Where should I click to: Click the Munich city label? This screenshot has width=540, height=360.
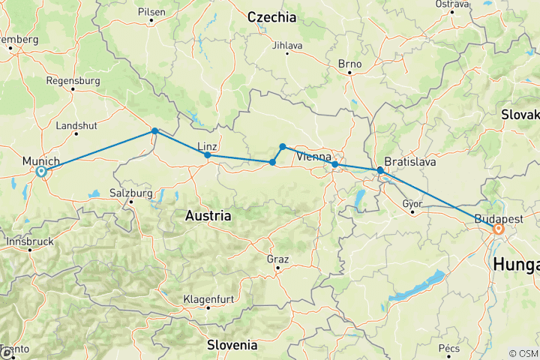41,160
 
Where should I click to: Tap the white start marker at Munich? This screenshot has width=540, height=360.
42,172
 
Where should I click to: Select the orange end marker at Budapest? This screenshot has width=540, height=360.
498,229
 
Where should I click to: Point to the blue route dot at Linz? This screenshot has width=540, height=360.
207,155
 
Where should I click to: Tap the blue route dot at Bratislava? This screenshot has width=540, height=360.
380,171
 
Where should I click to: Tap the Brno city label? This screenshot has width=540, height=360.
349,64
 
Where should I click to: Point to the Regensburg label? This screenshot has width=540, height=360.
73,80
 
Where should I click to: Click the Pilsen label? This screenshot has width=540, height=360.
151,12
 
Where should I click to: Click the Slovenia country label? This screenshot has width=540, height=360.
232,346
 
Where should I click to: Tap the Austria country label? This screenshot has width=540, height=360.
208,216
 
